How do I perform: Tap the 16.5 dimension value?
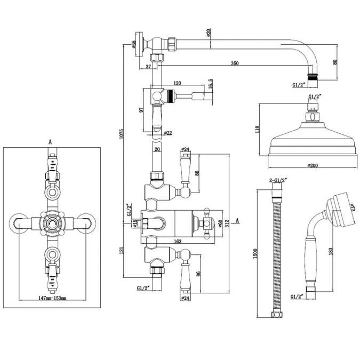click(211, 84)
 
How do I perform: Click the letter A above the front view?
click(50, 142)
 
